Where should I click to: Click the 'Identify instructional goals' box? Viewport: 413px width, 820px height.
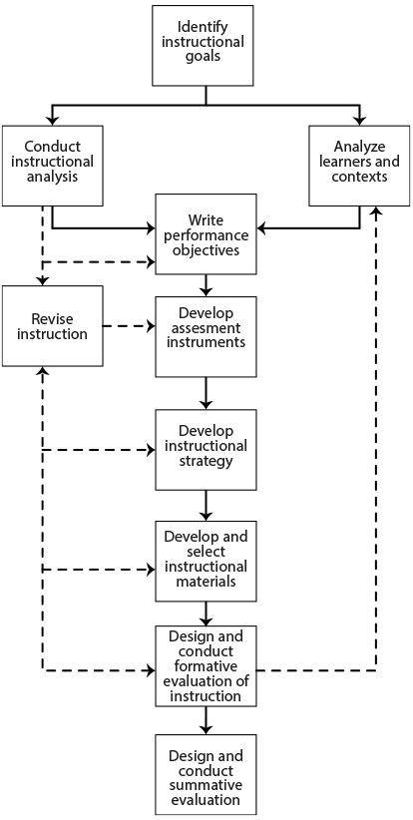203,46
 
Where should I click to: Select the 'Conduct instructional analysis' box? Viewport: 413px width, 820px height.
52,166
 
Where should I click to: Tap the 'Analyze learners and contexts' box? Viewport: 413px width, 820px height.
359,166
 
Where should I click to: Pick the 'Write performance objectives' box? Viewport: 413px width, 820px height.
206,233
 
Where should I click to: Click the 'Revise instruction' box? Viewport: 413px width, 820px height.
52,326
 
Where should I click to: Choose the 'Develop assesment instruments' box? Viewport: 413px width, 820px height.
206,337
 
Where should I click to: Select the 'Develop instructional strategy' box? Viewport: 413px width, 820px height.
206,450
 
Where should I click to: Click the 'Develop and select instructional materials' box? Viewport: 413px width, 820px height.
206,562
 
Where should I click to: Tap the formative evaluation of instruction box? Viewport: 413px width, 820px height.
206,666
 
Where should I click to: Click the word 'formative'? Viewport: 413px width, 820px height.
206,666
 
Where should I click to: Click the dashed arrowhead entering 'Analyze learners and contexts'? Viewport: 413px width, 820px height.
375,210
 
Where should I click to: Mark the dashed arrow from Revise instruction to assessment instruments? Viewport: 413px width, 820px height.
129,326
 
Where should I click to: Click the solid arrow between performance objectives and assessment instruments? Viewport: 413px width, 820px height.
206,285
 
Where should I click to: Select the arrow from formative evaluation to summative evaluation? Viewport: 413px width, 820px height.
206,720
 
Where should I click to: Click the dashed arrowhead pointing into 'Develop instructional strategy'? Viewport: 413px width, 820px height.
151,450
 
